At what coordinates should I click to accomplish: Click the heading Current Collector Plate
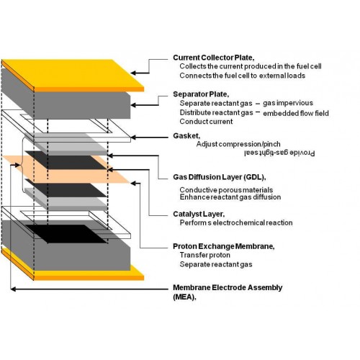click(x=213, y=58)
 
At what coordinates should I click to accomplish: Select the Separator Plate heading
click(x=201, y=94)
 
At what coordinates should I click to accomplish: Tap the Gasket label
click(x=186, y=136)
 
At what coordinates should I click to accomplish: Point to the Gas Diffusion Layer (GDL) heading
click(x=219, y=177)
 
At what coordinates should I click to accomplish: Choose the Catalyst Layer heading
click(x=199, y=214)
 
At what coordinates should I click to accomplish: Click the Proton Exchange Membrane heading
click(x=223, y=246)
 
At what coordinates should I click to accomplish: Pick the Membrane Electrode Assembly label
click(x=228, y=292)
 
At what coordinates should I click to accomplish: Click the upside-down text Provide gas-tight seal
click(x=279, y=153)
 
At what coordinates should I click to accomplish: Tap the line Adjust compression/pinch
click(x=238, y=144)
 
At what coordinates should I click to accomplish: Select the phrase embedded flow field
click(x=296, y=113)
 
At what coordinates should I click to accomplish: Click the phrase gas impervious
click(x=288, y=103)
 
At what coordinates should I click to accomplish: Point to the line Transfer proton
click(x=205, y=255)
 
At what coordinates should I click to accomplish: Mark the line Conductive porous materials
click(x=226, y=190)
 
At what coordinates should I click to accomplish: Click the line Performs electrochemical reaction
click(x=236, y=222)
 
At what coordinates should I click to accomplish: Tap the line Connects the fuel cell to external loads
click(x=243, y=76)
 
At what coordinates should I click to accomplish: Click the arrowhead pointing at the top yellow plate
click(x=133, y=73)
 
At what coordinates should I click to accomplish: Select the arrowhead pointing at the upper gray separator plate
click(x=133, y=105)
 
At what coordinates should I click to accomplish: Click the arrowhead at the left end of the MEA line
click(x=14, y=289)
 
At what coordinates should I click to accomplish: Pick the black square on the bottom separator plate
click(x=66, y=234)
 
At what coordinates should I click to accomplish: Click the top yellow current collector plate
click(x=73, y=75)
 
